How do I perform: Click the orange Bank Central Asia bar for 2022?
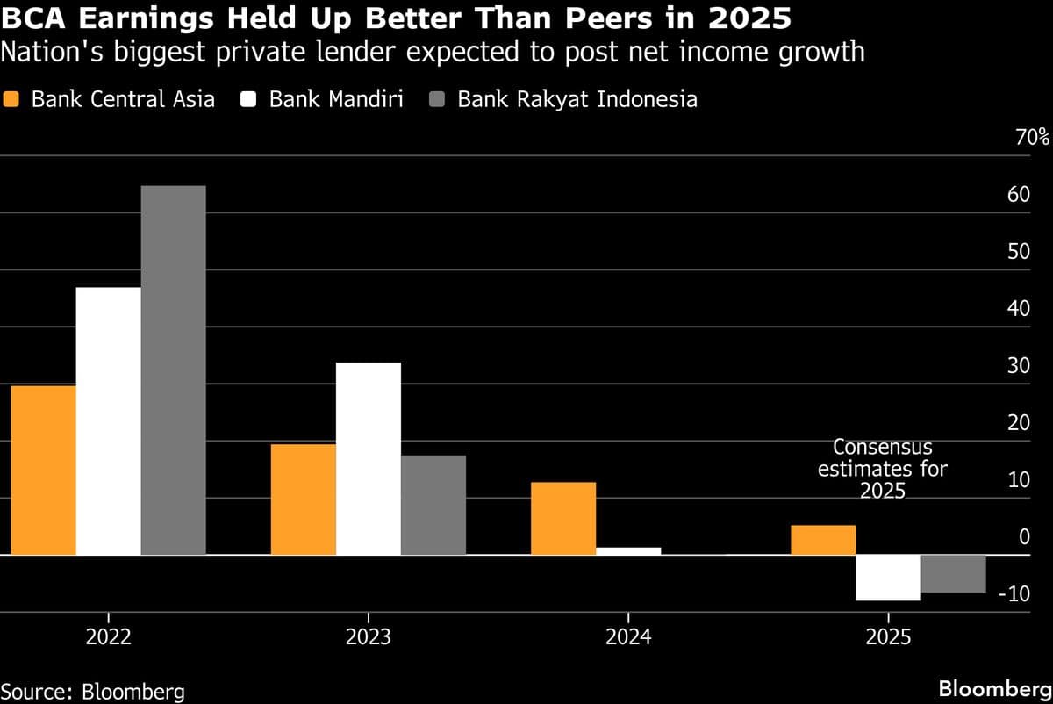pyautogui.click(x=43, y=471)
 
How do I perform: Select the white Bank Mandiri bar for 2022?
pyautogui.click(x=108, y=421)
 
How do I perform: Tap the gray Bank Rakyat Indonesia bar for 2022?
pyautogui.click(x=173, y=370)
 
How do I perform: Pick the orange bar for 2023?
pyautogui.click(x=303, y=499)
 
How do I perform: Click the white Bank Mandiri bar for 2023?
pyautogui.click(x=368, y=458)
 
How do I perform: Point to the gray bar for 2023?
pyautogui.click(x=433, y=505)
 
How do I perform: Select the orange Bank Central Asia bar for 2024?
pyautogui.click(x=562, y=519)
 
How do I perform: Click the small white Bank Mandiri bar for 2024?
pyautogui.click(x=627, y=551)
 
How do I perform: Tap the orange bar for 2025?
pyautogui.click(x=822, y=540)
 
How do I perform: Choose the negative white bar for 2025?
pyautogui.click(x=887, y=578)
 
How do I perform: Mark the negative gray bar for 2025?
pyautogui.click(x=952, y=574)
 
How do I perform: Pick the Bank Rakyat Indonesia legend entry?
pyautogui.click(x=566, y=99)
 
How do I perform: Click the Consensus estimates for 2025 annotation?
pyautogui.click(x=882, y=469)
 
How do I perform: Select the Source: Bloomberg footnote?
pyautogui.click(x=93, y=691)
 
